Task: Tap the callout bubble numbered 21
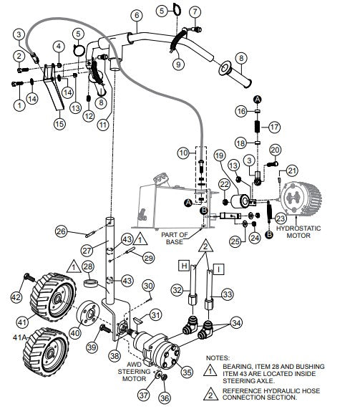coord(292,170)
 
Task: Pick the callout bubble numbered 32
coord(176,289)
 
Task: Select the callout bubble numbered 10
coord(183,153)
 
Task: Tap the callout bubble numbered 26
coord(62,231)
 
